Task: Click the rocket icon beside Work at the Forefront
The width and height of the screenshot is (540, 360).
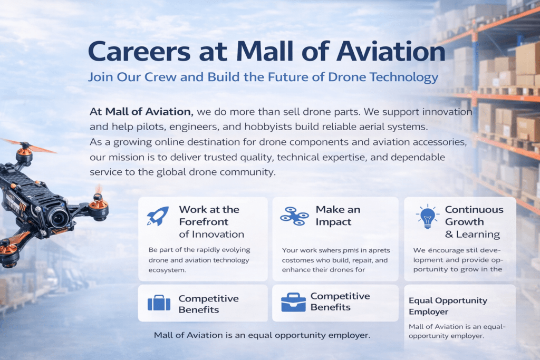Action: (x=158, y=216)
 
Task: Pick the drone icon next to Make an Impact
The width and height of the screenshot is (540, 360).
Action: (x=294, y=216)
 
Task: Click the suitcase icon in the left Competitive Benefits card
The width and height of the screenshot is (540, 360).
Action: (x=159, y=303)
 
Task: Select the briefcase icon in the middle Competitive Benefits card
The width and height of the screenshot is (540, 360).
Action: (x=293, y=302)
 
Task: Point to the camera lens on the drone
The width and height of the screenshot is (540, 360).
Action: (x=58, y=216)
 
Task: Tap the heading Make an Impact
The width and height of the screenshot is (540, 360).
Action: (x=337, y=216)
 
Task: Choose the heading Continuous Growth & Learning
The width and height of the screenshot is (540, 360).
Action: (x=474, y=222)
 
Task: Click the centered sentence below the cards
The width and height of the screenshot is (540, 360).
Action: (x=262, y=335)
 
